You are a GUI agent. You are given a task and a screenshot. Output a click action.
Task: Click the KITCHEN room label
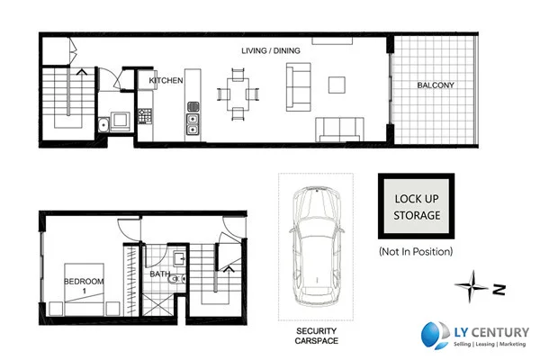click(x=166, y=81)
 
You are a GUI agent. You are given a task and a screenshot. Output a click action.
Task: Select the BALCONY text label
click(x=435, y=85)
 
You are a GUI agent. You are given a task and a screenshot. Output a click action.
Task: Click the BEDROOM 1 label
click(x=84, y=286)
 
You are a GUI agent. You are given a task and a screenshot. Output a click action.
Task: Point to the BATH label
click(x=160, y=274)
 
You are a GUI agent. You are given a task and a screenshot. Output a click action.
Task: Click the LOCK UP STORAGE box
click(x=417, y=208)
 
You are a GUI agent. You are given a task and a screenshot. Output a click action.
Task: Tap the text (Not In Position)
click(x=416, y=251)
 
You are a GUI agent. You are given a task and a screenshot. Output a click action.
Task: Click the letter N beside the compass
click(x=498, y=290)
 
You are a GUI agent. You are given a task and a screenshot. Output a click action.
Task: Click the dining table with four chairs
click(x=238, y=93)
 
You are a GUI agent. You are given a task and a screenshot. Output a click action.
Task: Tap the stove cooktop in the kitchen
click(x=143, y=115)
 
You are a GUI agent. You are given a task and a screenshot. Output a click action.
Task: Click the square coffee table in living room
click(x=337, y=85)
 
